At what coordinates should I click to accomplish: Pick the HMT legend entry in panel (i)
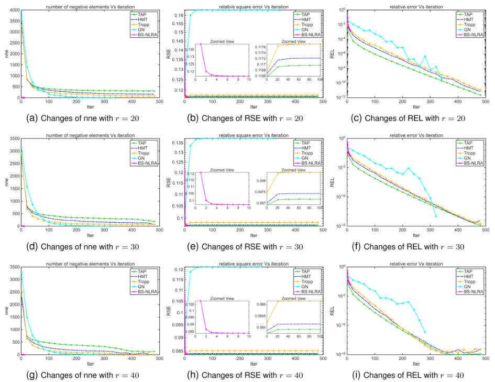tap(469, 276)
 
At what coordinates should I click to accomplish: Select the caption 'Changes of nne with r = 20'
tap(82, 117)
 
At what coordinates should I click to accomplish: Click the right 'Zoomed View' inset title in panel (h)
tap(293, 298)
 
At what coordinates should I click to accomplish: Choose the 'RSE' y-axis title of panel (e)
tap(169, 181)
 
